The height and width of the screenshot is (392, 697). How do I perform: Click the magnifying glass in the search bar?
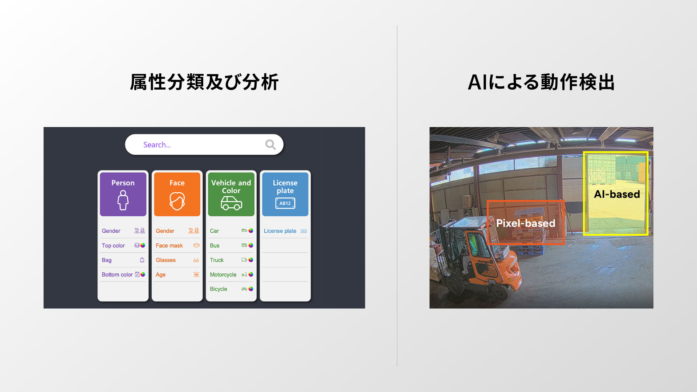270,144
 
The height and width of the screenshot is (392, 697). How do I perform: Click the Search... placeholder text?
157,145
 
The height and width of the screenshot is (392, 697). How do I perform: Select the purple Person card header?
123,194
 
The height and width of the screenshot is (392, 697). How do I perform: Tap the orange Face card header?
177,194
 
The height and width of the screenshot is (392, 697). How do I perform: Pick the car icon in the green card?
231,203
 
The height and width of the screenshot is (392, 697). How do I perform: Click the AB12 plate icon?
285,203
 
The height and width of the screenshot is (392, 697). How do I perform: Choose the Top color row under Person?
113,246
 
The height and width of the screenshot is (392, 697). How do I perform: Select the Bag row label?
107,260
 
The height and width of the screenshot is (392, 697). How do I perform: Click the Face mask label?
169,246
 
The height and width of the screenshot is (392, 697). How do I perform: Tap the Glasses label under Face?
166,260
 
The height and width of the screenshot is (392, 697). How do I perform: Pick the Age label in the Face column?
160,275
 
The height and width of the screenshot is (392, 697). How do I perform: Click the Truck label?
217,260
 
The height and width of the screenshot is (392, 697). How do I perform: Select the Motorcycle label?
223,275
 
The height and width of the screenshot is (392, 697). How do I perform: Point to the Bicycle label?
219,289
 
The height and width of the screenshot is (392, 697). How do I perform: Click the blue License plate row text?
280,231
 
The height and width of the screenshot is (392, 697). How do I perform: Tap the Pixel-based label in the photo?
526,223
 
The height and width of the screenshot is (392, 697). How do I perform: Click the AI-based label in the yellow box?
617,194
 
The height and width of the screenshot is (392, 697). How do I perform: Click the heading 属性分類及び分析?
204,82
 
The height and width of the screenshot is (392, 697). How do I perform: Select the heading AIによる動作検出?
541,82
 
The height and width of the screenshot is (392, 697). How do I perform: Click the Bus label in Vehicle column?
215,246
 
